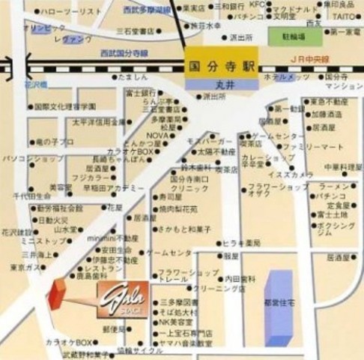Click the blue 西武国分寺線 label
point(123,54)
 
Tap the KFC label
point(257,4)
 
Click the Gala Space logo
point(122,300)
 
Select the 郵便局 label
point(113,328)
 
